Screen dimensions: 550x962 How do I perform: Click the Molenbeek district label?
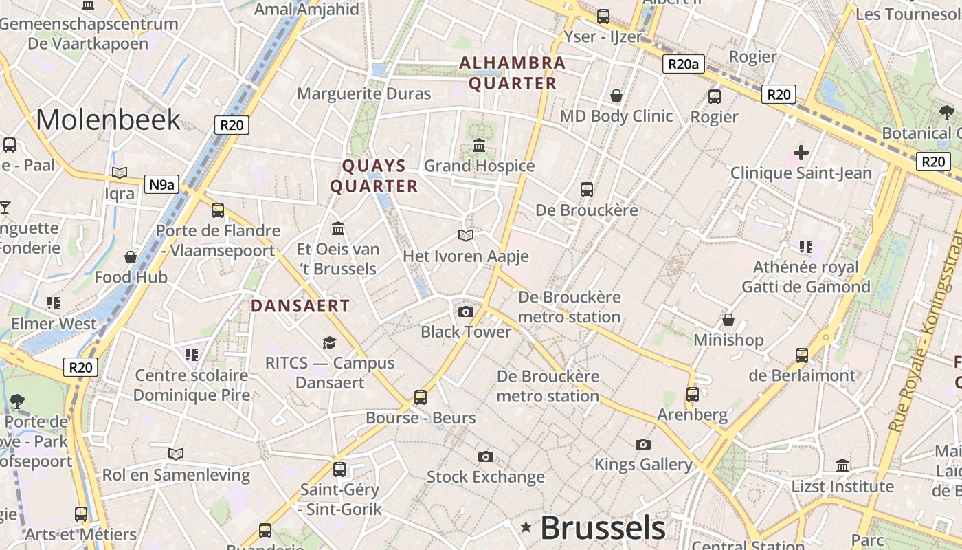pyautogui.click(x=108, y=120)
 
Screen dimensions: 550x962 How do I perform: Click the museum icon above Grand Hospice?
pyautogui.click(x=479, y=145)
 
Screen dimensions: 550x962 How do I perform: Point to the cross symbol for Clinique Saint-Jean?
pyautogui.click(x=801, y=153)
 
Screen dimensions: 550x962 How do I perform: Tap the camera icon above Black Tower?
pyautogui.click(x=466, y=311)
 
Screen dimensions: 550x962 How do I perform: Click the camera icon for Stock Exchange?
pyautogui.click(x=485, y=456)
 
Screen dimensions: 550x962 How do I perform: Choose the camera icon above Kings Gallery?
pyautogui.click(x=643, y=444)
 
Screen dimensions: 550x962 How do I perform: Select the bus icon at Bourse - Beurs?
pyautogui.click(x=421, y=397)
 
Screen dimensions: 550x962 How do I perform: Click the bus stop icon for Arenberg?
pyautogui.click(x=693, y=394)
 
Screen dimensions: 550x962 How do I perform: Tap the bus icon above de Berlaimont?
pyautogui.click(x=802, y=355)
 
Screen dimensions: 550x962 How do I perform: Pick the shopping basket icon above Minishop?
pyautogui.click(x=728, y=320)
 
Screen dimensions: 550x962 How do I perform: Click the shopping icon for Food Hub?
pyautogui.click(x=131, y=257)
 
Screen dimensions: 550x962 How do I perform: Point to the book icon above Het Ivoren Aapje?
pyautogui.click(x=466, y=236)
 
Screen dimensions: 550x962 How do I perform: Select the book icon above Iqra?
pyautogui.click(x=120, y=173)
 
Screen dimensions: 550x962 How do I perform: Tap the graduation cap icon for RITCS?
pyautogui.click(x=330, y=342)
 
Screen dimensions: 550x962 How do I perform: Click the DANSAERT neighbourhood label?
pyautogui.click(x=300, y=306)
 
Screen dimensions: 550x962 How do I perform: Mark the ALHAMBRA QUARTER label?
pyautogui.click(x=512, y=73)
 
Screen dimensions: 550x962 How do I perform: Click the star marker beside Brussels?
pyautogui.click(x=526, y=527)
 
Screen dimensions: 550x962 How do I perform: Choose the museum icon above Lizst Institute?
pyautogui.click(x=842, y=466)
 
